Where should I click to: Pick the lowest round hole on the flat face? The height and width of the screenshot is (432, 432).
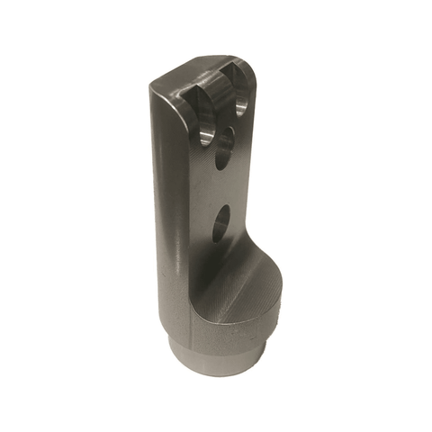[x=222, y=222]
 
